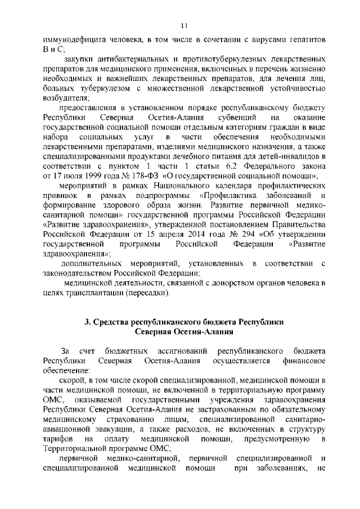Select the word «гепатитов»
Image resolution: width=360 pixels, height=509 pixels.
[x=304, y=40]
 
